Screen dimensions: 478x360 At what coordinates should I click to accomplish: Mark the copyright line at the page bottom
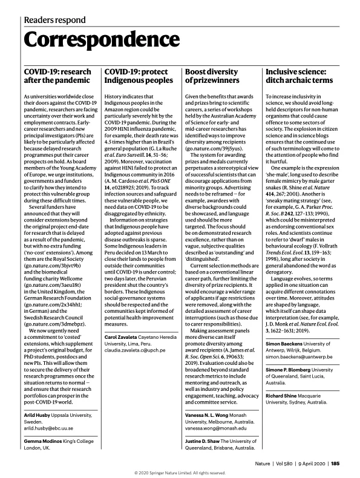(x=180, y=473)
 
